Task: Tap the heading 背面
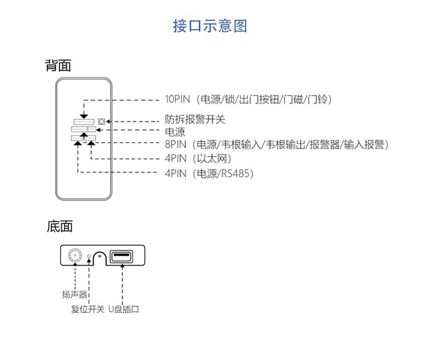coord(58,65)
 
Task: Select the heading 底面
coord(59,227)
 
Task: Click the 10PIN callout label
coord(248,99)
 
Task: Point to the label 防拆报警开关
coord(195,120)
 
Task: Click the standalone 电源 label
coord(175,132)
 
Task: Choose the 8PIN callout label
coord(276,144)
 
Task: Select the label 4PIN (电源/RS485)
coord(209,173)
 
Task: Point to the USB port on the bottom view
coord(121,256)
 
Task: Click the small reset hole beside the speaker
coord(89,256)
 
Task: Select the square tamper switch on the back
coord(101,121)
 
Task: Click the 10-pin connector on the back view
coord(84,122)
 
